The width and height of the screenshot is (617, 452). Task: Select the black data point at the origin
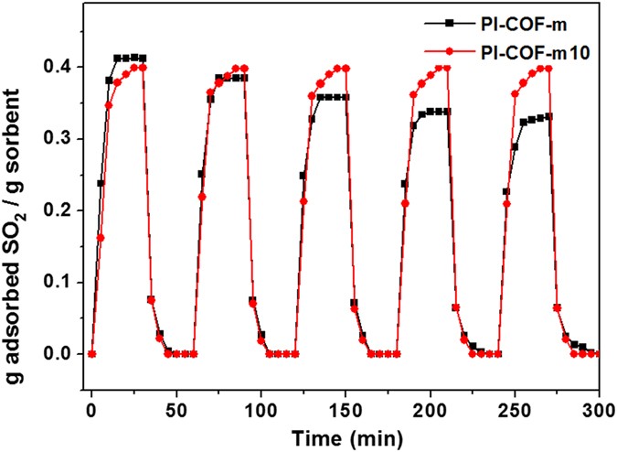(91, 354)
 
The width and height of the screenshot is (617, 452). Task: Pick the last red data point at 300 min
(598, 354)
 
